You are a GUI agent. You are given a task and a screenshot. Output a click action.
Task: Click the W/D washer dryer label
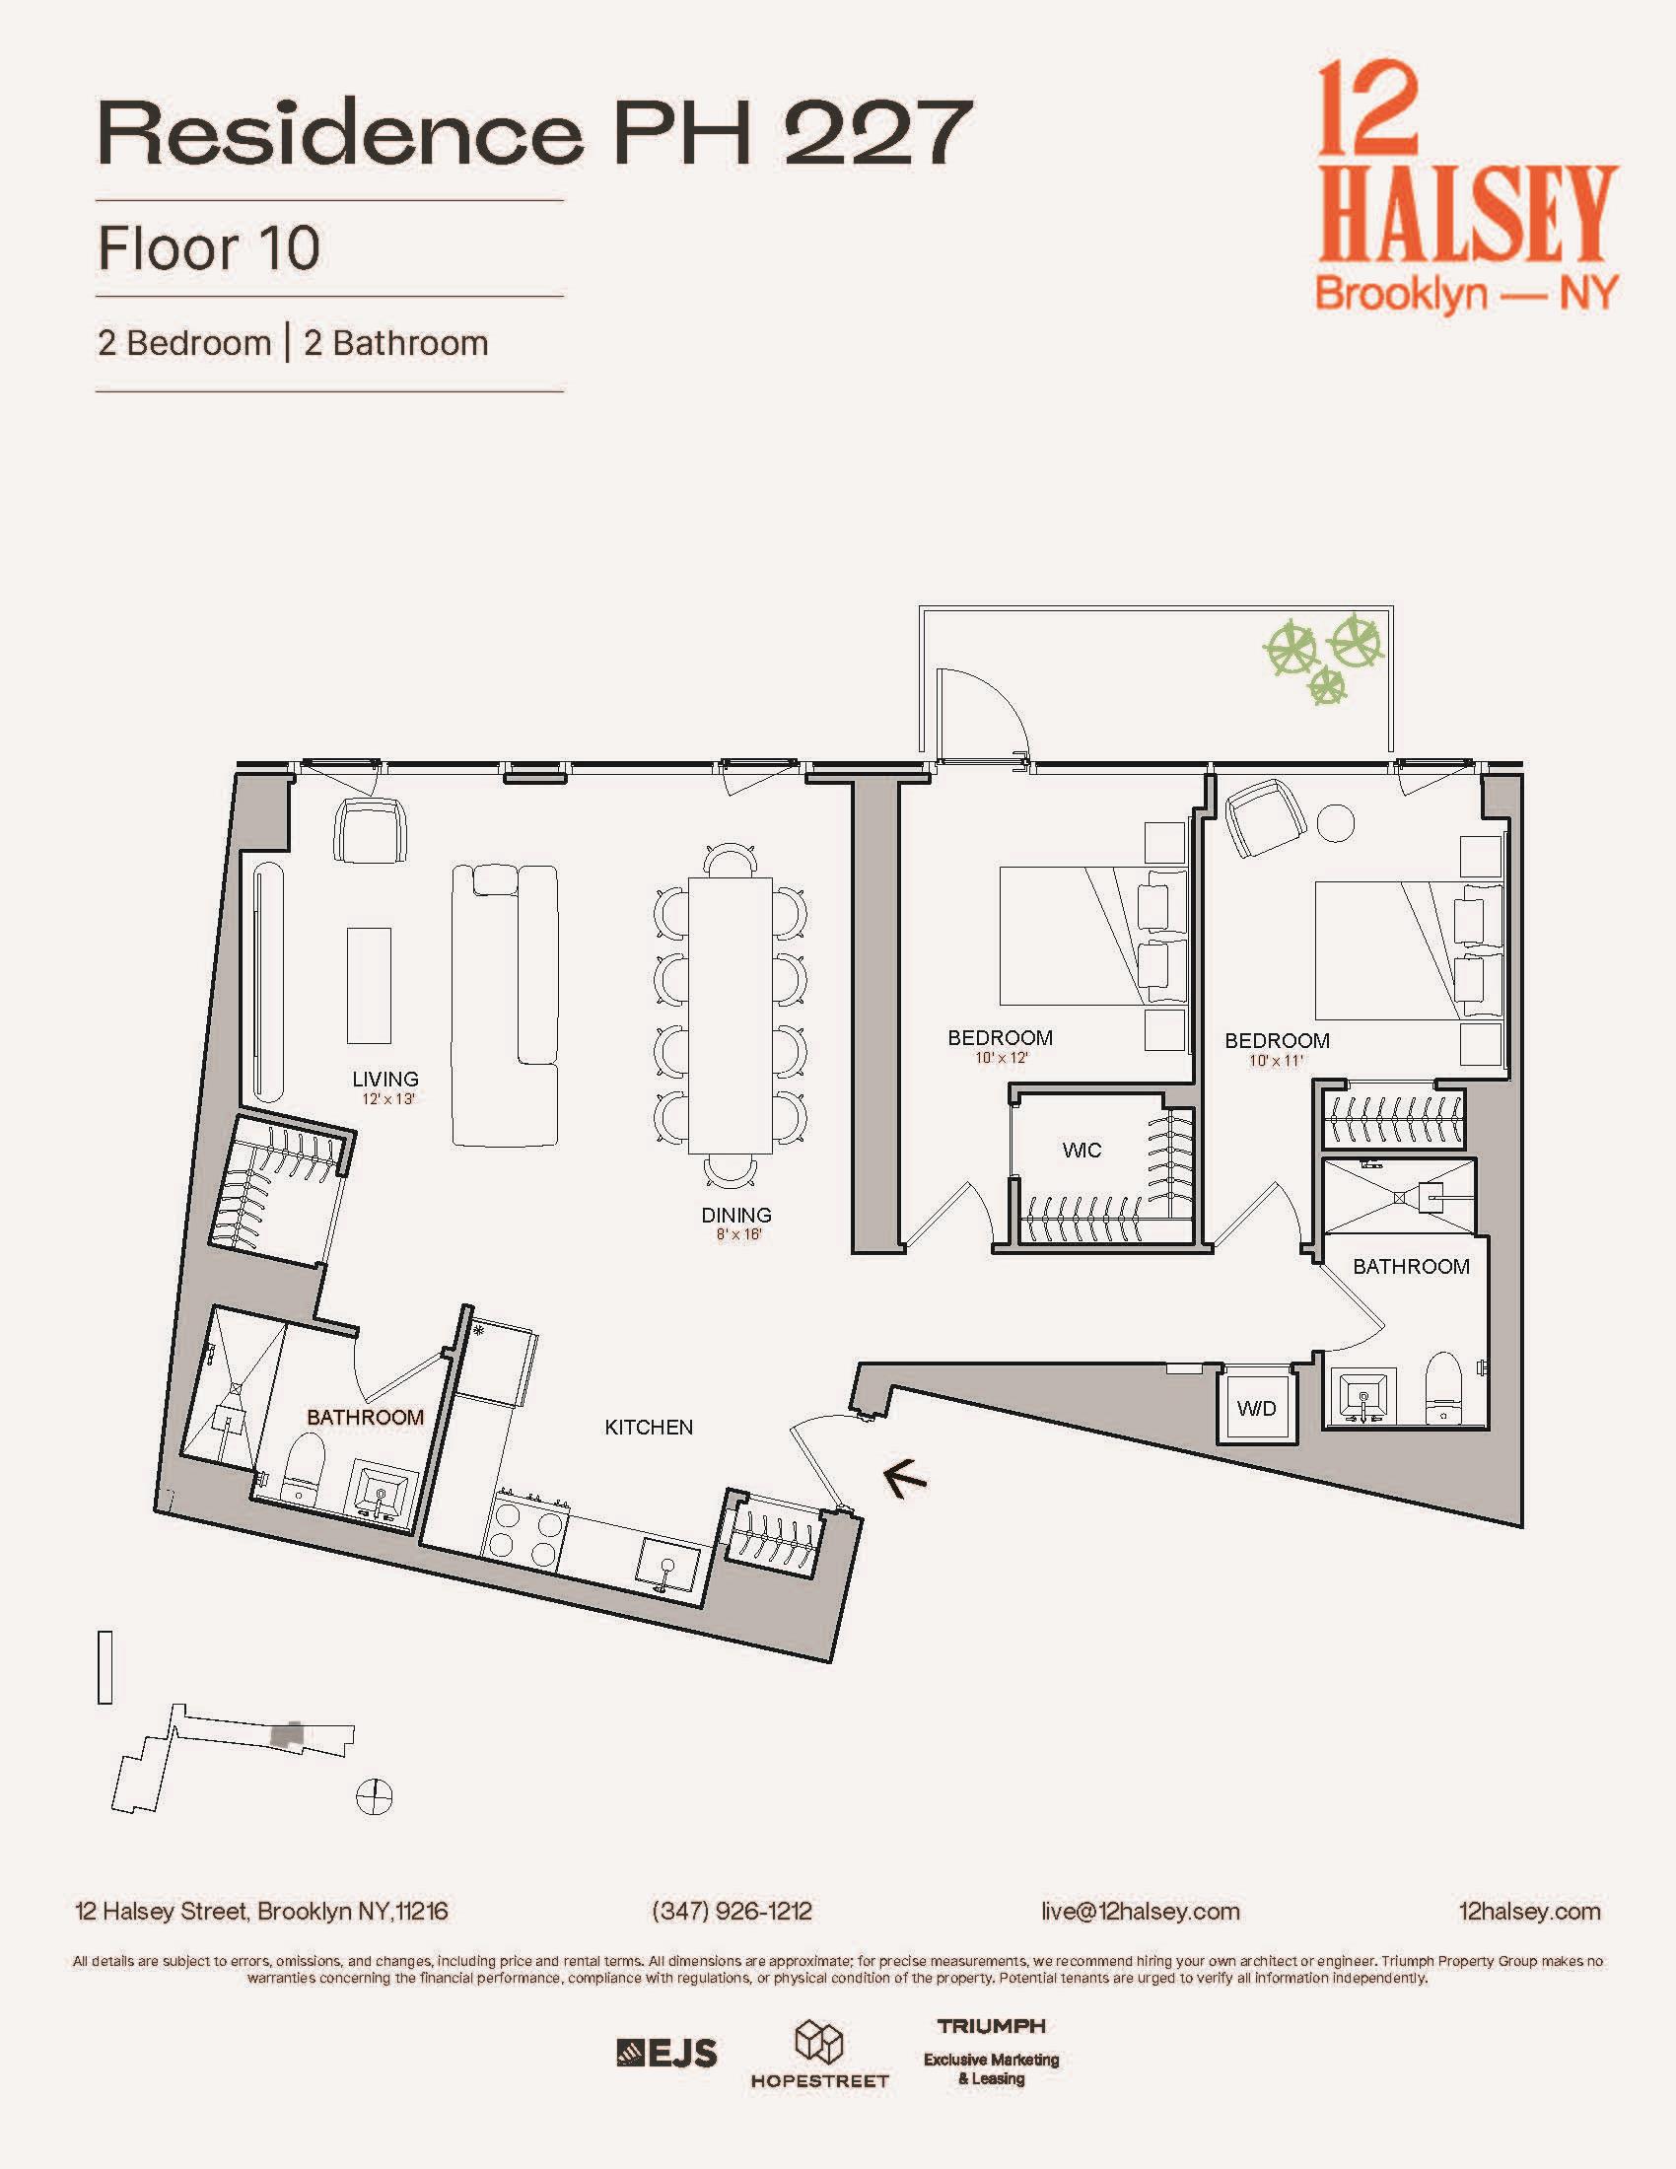pyautogui.click(x=1256, y=1408)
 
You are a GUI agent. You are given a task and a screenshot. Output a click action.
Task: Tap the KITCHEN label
pyautogui.click(x=649, y=1428)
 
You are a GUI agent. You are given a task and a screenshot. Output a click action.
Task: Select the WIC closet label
pyautogui.click(x=1082, y=1150)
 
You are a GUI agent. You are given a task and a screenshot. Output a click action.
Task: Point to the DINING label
pyautogui.click(x=735, y=1215)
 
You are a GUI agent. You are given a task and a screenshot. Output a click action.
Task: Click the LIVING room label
pyautogui.click(x=385, y=1079)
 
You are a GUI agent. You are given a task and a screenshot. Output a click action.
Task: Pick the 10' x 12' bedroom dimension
pyautogui.click(x=1001, y=1059)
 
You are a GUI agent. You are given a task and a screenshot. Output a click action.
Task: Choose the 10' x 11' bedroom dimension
pyautogui.click(x=1276, y=1061)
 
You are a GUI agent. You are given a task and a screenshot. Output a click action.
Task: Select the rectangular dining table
pyautogui.click(x=731, y=1015)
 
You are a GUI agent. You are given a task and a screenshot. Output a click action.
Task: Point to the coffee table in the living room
pyautogui.click(x=369, y=984)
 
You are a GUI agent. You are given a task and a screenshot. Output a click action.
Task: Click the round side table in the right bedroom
pyautogui.click(x=1336, y=821)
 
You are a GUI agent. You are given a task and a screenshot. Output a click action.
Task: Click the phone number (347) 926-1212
pyautogui.click(x=732, y=1911)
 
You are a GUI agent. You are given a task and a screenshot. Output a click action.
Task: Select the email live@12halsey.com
pyautogui.click(x=1140, y=1911)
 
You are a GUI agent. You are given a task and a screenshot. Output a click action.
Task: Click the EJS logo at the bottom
pyautogui.click(x=666, y=2053)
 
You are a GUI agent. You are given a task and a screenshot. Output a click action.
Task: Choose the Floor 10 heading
pyautogui.click(x=208, y=248)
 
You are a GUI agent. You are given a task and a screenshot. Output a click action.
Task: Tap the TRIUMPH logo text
pyautogui.click(x=991, y=2025)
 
